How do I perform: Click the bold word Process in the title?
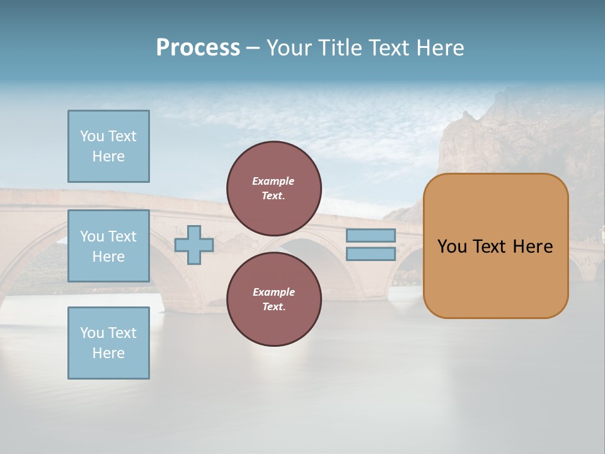pos(198,48)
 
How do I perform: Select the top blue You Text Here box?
pos(108,146)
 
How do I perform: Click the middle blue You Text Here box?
pos(108,246)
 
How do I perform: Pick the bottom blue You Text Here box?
pos(108,343)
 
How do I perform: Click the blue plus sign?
pos(194,245)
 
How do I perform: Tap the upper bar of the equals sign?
pos(371,235)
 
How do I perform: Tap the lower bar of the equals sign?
pos(371,253)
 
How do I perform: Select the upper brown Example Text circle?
pos(274,188)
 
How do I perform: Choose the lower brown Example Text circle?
pos(274,299)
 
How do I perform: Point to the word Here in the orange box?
pos(533,247)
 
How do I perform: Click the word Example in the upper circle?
pos(274,181)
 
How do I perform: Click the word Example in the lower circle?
pos(274,292)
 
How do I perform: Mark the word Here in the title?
pos(441,48)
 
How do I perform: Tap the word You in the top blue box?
pos(92,136)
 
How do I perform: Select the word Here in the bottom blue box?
pos(108,353)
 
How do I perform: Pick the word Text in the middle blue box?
pos(122,236)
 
